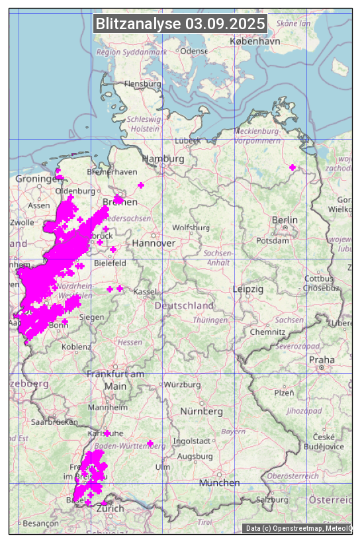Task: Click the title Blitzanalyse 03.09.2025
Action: (180, 24)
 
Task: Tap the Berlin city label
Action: (285, 220)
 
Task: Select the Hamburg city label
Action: (163, 159)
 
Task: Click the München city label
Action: (219, 483)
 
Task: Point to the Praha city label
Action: (322, 360)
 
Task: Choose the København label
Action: (255, 41)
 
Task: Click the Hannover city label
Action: (154, 244)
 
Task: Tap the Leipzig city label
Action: (248, 289)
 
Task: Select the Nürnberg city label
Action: (202, 412)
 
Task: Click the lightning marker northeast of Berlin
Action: (292, 167)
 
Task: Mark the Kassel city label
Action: (144, 292)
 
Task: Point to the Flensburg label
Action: (142, 84)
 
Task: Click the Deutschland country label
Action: (184, 306)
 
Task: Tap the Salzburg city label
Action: (272, 499)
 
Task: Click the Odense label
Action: (194, 51)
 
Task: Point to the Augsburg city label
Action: (195, 457)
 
